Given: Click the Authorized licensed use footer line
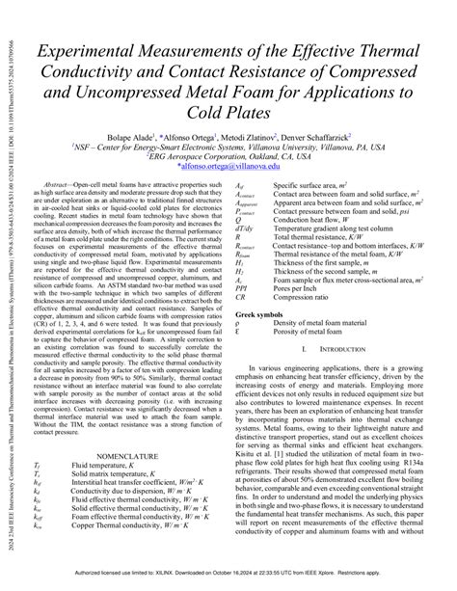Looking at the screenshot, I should tap(228, 584).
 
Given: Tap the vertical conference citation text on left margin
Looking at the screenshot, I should tap(9, 289).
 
